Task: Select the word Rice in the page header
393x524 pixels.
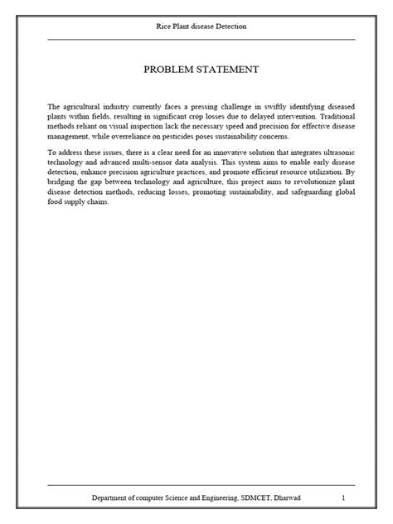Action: (164, 27)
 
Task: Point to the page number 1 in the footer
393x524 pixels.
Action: (343, 497)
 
